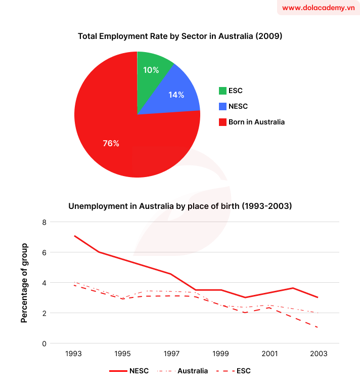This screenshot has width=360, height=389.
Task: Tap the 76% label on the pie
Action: coord(111,144)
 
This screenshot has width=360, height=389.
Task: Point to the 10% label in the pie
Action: coord(151,70)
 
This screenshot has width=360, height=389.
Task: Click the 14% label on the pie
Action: coord(176,94)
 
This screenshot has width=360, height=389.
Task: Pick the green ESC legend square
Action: coord(222,91)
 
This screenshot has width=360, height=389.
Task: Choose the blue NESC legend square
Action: coord(222,106)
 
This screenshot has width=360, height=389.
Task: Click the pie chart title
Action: coord(179,36)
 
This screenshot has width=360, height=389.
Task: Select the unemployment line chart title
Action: coord(179,206)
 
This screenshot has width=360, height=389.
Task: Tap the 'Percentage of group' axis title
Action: coord(24,283)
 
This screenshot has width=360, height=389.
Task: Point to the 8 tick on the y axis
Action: coord(44,222)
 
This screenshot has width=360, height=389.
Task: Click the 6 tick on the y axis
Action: coord(44,252)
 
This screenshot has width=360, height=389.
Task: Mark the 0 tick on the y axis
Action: coord(44,343)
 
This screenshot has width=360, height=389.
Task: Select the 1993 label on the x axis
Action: coord(74,354)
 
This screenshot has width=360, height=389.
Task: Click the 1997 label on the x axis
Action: coord(171,354)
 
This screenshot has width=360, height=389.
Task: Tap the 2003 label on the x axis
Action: coord(319,354)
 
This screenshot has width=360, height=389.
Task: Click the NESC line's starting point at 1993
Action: coord(74,236)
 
